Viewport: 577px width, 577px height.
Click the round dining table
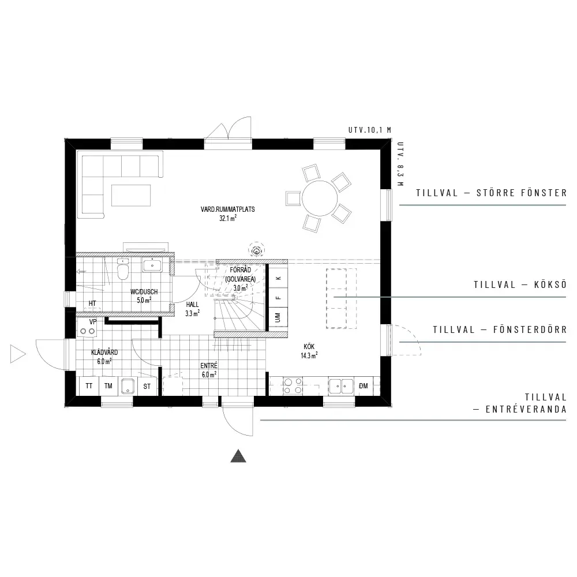[x=320, y=198]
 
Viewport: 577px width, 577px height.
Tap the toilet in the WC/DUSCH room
[x=122, y=269]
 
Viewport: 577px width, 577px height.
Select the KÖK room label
[x=309, y=347]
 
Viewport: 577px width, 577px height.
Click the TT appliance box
[x=89, y=386]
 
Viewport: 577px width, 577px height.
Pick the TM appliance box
[x=108, y=386]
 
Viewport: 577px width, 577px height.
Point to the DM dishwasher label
[x=363, y=386]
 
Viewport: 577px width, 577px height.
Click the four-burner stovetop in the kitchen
[x=293, y=386]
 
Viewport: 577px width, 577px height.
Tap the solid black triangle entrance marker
[x=238, y=456]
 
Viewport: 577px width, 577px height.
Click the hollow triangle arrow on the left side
[x=18, y=354]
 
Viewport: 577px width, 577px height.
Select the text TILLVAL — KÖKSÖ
[x=520, y=284]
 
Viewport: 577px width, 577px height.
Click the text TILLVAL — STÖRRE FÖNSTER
[x=491, y=193]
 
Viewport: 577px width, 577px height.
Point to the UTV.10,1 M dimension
[x=369, y=130]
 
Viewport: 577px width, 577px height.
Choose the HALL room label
[x=192, y=305]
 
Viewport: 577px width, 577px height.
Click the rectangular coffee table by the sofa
[x=131, y=196]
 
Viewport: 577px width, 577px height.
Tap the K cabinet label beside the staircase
[x=279, y=278]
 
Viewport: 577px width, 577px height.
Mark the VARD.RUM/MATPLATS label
[x=227, y=209]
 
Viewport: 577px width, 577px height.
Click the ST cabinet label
[x=147, y=387]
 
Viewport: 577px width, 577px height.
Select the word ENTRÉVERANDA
[x=526, y=410]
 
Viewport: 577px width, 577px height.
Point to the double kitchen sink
[x=341, y=386]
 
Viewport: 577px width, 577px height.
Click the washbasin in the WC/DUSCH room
[x=152, y=265]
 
